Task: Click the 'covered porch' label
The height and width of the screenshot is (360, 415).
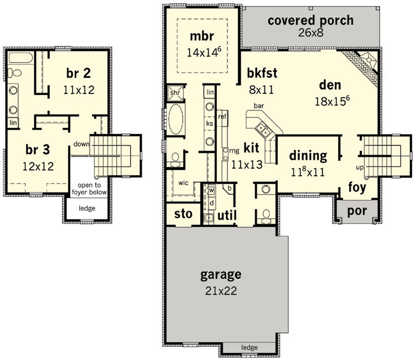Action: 310,21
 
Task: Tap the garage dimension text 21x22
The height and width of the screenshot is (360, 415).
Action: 221,291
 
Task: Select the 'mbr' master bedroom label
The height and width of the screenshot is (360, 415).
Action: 202,36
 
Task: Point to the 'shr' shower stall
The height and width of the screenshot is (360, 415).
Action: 175,93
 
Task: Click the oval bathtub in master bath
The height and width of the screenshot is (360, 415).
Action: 176,119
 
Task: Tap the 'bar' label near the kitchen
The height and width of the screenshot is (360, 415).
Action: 258,106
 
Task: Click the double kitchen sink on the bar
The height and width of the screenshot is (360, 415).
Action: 263,129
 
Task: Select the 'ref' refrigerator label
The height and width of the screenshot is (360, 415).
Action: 222,116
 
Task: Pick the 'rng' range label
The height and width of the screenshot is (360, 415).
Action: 235,151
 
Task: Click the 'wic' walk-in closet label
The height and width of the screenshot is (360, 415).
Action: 183,183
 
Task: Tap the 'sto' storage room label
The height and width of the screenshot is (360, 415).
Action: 183,214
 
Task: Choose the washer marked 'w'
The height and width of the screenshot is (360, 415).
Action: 211,190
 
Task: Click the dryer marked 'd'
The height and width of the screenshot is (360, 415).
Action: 211,203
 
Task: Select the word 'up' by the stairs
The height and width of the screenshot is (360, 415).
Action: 360,168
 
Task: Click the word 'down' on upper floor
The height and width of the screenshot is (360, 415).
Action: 81,144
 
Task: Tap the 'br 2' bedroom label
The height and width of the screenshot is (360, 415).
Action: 79,73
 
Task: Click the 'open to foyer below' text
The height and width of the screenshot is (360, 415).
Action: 89,189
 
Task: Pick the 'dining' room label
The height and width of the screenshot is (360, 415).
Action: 308,156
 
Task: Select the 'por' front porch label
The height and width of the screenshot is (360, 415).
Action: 357,211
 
